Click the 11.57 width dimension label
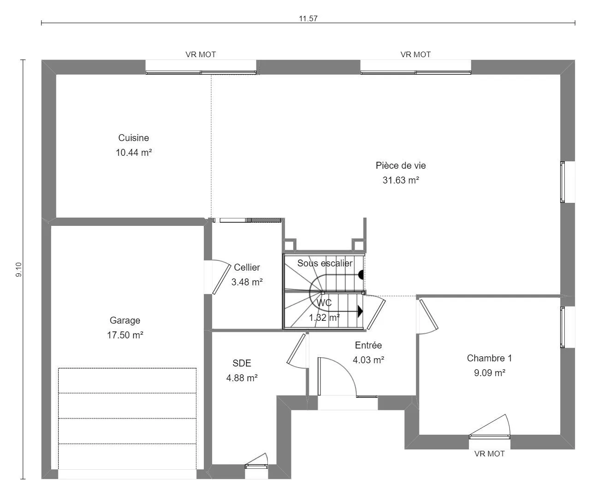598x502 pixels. click(x=308, y=18)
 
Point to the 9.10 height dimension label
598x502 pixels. click(x=19, y=270)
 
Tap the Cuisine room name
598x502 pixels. click(x=133, y=138)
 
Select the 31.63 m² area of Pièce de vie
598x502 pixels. click(x=401, y=180)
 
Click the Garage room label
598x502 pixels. click(x=125, y=320)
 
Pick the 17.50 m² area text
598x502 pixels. click(x=125, y=335)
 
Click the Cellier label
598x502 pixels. click(x=247, y=267)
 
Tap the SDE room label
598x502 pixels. click(x=242, y=363)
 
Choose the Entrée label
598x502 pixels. click(x=368, y=345)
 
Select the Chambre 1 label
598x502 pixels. click(x=489, y=358)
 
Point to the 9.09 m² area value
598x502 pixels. click(x=490, y=372)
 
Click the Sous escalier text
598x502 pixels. click(x=325, y=263)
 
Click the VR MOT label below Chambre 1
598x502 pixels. click(x=490, y=454)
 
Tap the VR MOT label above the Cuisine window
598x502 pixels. click(x=201, y=54)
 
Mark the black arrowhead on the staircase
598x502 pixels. click(x=360, y=311)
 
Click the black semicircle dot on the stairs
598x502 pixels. click(x=361, y=275)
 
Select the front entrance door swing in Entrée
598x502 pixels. click(x=338, y=377)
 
